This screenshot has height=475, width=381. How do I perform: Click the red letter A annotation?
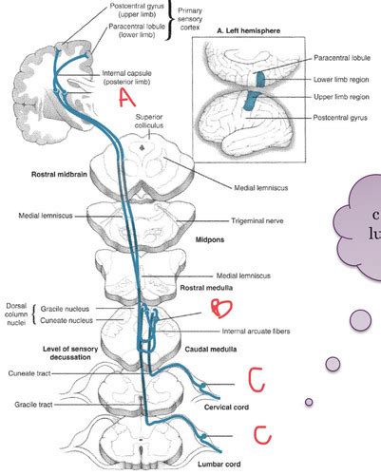pyautogui.click(x=127, y=97)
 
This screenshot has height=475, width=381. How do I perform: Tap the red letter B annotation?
pyautogui.click(x=222, y=308)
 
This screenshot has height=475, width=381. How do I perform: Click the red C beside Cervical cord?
pyautogui.click(x=257, y=379)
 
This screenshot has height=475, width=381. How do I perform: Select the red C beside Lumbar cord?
pyautogui.click(x=262, y=435)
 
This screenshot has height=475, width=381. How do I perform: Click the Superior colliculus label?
pyautogui.click(x=149, y=121)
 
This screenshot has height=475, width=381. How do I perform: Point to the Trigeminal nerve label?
pyautogui.click(x=257, y=220)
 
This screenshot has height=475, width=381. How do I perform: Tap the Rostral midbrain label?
pyautogui.click(x=59, y=174)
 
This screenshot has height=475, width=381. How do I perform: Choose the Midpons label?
pyautogui.click(x=210, y=239)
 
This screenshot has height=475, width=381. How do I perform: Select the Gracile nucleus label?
pyautogui.click(x=65, y=309)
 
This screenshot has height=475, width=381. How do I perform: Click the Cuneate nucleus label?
pyautogui.click(x=67, y=320)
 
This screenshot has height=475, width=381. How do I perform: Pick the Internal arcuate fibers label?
pyautogui.click(x=256, y=332)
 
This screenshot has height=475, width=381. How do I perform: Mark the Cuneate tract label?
pyautogui.click(x=29, y=373)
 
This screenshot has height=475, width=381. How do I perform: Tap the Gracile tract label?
pyautogui.click(x=33, y=405)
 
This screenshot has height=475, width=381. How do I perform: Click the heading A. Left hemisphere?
pyautogui.click(x=249, y=30)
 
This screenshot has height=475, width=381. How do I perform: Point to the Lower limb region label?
pyautogui.click(x=341, y=80)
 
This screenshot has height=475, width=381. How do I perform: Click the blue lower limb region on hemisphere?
pyautogui.click(x=260, y=79)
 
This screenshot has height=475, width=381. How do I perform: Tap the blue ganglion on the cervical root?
pyautogui.click(x=203, y=386)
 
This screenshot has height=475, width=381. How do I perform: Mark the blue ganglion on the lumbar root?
pyautogui.click(x=203, y=437)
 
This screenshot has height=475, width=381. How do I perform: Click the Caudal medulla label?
pyautogui.click(x=211, y=350)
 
